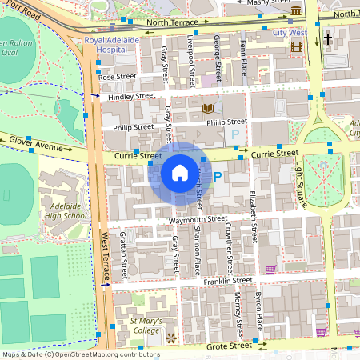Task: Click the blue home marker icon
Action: pos(180,172)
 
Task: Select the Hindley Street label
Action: pos(132,96)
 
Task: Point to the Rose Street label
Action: pos(118,77)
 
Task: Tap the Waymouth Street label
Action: pos(199,219)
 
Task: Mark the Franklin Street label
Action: pos(227,281)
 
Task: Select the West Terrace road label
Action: pos(106,256)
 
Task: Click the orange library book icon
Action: pos(208,108)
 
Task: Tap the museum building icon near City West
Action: pos(297,10)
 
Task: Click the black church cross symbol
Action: pos(327,38)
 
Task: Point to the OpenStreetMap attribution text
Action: pos(80,354)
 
